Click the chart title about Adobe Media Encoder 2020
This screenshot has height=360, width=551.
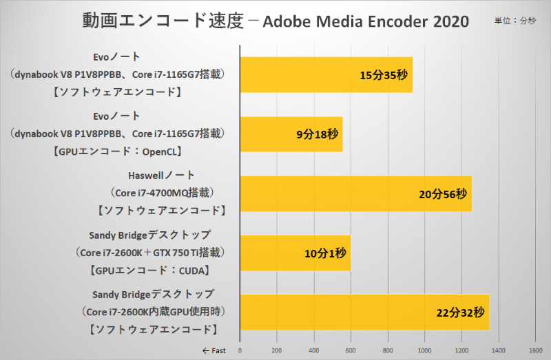[x=275, y=21]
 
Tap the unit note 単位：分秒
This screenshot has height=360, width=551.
[x=514, y=21]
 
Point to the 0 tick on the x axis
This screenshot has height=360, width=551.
[x=240, y=350]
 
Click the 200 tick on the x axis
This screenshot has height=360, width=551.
[x=277, y=350]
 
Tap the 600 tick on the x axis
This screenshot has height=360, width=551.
[x=351, y=350]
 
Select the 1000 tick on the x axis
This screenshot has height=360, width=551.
[x=425, y=350]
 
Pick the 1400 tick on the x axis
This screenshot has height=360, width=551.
[x=499, y=350]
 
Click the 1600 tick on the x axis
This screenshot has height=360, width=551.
[x=537, y=350]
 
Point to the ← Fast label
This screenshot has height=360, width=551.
[x=214, y=350]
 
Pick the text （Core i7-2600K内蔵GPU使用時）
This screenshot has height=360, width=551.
[x=153, y=312]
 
